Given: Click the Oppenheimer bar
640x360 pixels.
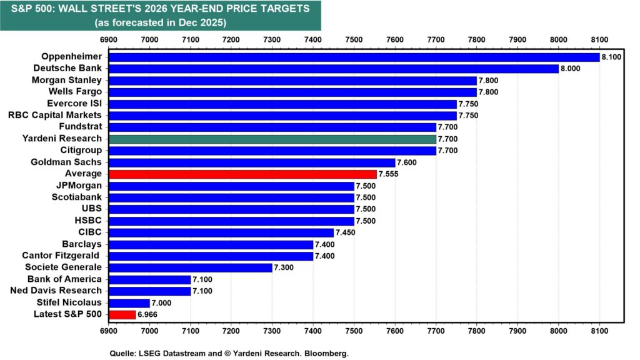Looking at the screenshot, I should click(354, 57).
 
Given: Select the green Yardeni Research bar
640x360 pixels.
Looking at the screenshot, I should click(272, 139).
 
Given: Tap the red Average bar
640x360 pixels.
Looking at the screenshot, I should click(242, 174).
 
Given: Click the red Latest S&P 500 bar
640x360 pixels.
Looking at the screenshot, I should click(122, 314).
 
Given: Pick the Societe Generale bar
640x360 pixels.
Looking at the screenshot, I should click(190, 267).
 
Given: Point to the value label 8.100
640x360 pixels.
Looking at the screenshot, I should click(611, 57).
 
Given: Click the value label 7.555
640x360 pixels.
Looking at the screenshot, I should click(387, 174).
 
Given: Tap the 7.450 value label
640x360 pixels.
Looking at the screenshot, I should click(346, 232).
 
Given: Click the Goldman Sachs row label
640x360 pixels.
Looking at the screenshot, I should click(67, 162).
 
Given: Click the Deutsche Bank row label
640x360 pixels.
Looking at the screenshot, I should click(67, 68).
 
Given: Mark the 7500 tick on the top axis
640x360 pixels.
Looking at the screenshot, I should click(354, 40).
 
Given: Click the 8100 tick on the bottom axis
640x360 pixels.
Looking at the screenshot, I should click(599, 329).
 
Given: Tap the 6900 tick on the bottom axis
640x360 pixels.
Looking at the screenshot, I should click(109, 329).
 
